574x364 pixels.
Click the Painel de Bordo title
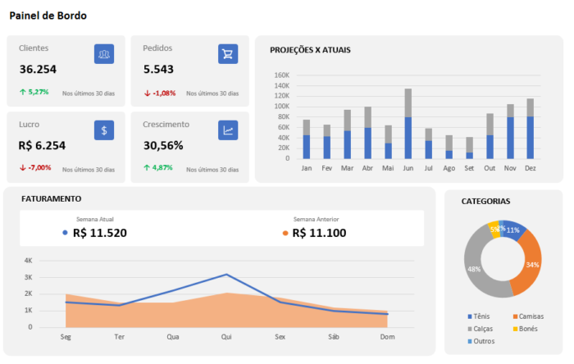[x=48, y=16]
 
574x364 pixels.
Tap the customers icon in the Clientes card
[x=103, y=54]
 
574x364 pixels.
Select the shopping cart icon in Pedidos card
[x=227, y=54]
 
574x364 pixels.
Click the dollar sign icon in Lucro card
[x=103, y=130]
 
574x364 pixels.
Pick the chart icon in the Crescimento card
[x=227, y=130]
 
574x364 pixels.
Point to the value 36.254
[x=38, y=70]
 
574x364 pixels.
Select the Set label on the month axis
[x=468, y=167]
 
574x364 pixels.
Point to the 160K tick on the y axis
[x=281, y=75]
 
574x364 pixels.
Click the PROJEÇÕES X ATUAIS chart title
[x=310, y=50]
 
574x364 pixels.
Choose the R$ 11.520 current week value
[x=99, y=233]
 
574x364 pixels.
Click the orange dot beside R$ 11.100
[x=285, y=233]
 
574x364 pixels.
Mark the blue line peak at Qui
[x=225, y=275]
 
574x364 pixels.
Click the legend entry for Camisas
[x=529, y=316]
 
